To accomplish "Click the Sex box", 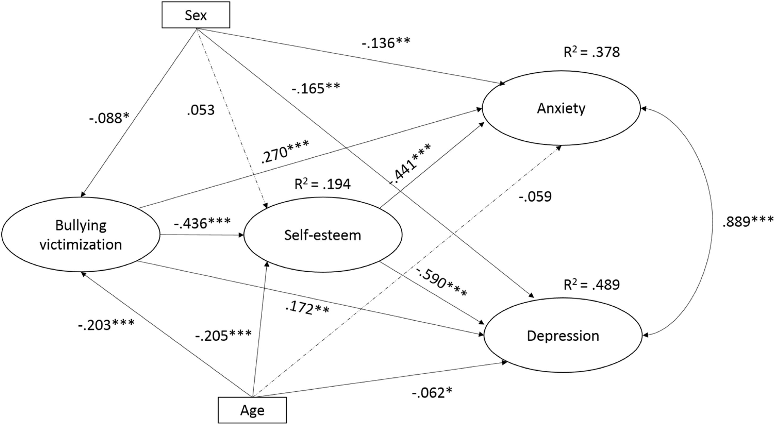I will tap(196, 15).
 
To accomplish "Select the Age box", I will tap(252, 410).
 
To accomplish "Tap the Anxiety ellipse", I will tap(561, 108).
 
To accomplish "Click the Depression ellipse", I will tap(563, 336).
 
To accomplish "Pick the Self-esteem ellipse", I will tap(322, 235).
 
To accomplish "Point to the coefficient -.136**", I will tap(386, 43).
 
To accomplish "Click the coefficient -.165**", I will tap(316, 88).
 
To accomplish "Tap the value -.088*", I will tap(109, 118).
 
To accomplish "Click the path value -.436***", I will tap(202, 223).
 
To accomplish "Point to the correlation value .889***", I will tap(748, 222).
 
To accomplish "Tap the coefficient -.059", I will tap(535, 197).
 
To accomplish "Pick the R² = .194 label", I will tap(322, 184).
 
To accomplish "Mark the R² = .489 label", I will tap(591, 285).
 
